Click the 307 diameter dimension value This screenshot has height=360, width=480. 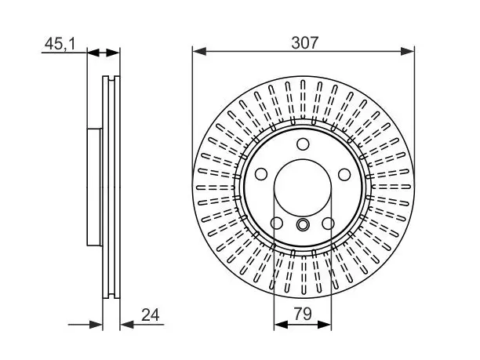[x=305, y=43]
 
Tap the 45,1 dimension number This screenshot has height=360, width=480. [x=60, y=44]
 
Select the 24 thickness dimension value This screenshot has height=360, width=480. [x=151, y=315]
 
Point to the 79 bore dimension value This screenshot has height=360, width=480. [x=303, y=314]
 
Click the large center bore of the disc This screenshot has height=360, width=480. [x=303, y=187]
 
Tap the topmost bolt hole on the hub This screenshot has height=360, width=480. [x=303, y=144]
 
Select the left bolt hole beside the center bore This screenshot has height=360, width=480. [x=261, y=174]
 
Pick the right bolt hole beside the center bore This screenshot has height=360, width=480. [x=344, y=174]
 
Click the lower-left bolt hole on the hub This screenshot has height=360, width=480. [x=277, y=224]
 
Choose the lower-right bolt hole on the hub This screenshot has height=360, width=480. [x=328, y=224]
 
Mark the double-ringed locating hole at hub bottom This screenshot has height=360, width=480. [x=303, y=225]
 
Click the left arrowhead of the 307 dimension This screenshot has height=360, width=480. [x=199, y=52]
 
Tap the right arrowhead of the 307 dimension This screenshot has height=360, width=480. [x=407, y=52]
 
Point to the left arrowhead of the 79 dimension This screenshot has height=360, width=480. [x=281, y=325]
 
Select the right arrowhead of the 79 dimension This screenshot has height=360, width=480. [x=325, y=325]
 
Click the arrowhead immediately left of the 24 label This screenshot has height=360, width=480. [x=127, y=325]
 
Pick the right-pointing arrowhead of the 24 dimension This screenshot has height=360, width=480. [x=96, y=325]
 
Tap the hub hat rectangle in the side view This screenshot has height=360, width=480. [x=94, y=187]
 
